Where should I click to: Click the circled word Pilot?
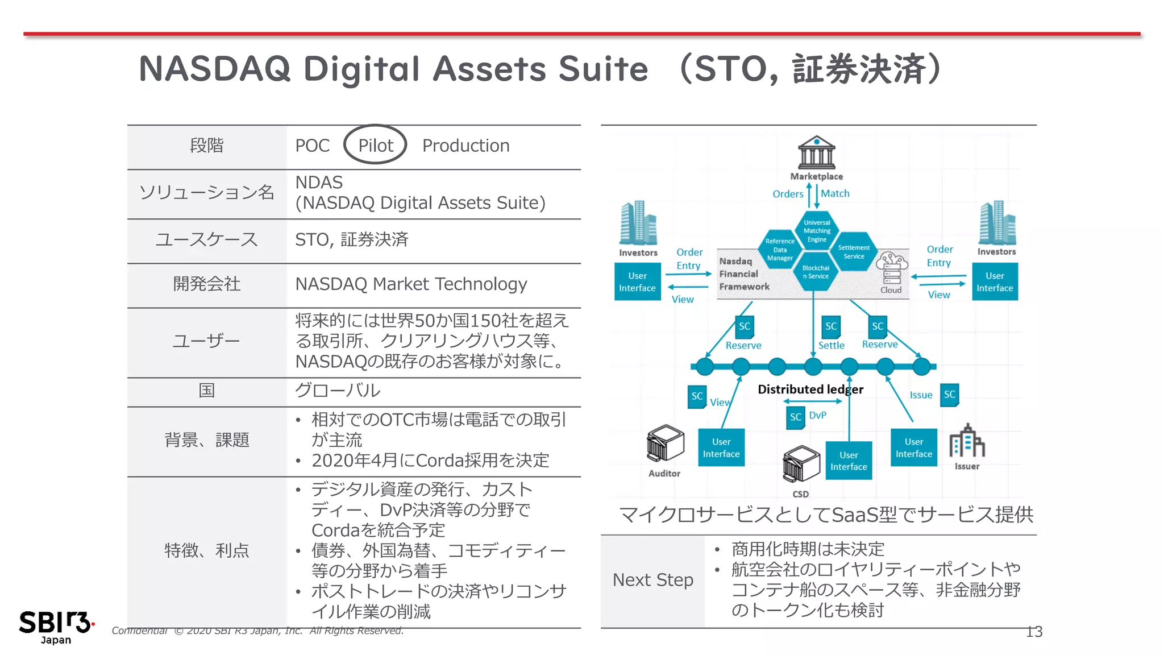click(x=375, y=146)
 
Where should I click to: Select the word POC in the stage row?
click(x=312, y=146)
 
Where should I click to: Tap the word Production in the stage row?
click(x=465, y=146)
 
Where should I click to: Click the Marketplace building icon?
click(x=816, y=152)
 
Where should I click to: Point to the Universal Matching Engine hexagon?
click(x=817, y=231)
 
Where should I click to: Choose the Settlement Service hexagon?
click(x=854, y=251)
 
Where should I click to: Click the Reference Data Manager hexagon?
click(x=780, y=250)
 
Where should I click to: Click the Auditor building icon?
click(x=664, y=443)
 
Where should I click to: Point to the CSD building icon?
click(x=801, y=463)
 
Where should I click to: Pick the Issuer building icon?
click(x=967, y=441)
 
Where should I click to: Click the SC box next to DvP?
click(x=796, y=417)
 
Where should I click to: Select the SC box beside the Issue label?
click(x=949, y=395)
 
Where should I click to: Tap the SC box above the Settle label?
click(x=831, y=326)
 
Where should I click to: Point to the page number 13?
click(x=1034, y=632)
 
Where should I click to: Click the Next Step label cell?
click(x=653, y=580)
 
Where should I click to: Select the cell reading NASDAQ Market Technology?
click(x=411, y=284)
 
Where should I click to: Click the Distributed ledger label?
click(x=810, y=389)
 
